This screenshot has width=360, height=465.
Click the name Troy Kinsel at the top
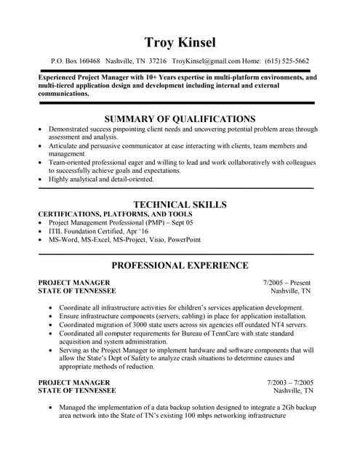coord(180,41)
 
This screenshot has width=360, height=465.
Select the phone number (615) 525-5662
coord(287,62)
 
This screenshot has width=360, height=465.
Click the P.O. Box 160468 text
coord(76,62)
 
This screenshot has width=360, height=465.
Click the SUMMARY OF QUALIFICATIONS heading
coord(180,119)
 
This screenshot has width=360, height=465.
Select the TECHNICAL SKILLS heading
coord(180,205)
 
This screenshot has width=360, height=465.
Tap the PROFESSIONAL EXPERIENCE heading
coord(180,265)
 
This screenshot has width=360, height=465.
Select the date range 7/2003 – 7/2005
coord(289,382)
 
